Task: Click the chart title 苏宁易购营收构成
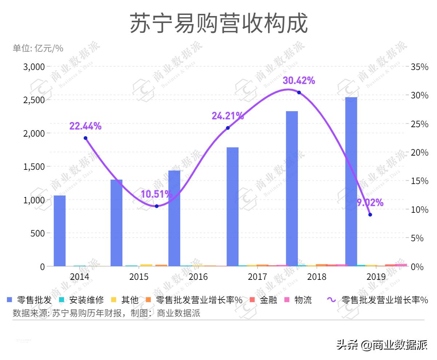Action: (219, 24)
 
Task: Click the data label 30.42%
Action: (299, 81)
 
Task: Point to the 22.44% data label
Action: (85, 126)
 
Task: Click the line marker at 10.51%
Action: (157, 206)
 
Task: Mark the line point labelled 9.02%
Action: (370, 215)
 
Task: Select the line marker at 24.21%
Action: (228, 128)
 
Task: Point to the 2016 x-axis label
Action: (198, 277)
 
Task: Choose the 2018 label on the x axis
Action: (317, 277)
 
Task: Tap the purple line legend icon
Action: (331, 300)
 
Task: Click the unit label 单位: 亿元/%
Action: (38, 48)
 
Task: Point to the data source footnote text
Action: (106, 313)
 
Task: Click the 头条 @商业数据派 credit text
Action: (382, 344)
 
